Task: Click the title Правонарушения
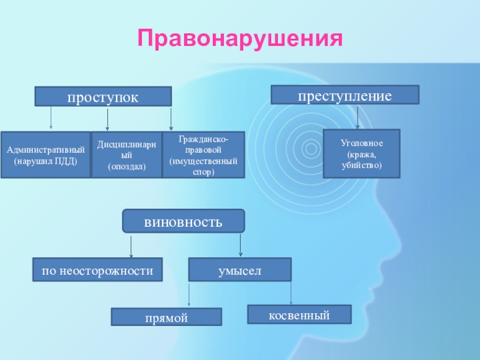tap(241, 38)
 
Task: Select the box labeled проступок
tap(103, 97)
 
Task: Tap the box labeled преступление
tap(345, 95)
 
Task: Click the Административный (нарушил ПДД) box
tap(45, 155)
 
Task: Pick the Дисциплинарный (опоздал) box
tap(127, 155)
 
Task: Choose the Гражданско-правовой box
tap(203, 155)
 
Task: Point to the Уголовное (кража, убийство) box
tap(361, 154)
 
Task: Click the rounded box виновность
tap(184, 221)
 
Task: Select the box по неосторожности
tap(97, 269)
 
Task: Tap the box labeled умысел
tap(239, 269)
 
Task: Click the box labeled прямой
tap(166, 317)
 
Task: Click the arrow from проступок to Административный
tap(51, 118)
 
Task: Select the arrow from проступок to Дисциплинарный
tap(107, 119)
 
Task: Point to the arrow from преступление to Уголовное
tap(358, 116)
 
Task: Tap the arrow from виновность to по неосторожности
tap(131, 246)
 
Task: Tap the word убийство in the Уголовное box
tap(361, 164)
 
